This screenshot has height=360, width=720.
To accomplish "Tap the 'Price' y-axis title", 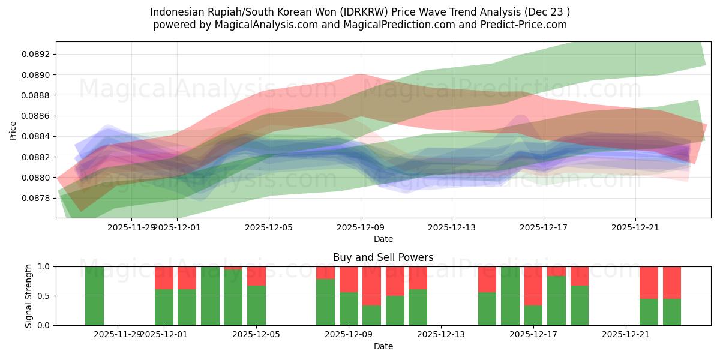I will click(x=13, y=130).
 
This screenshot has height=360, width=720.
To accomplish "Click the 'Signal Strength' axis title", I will click(x=29, y=296).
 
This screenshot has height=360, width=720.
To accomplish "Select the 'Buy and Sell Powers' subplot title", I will click(x=383, y=257).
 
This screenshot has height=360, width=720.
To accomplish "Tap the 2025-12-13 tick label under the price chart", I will click(x=452, y=227).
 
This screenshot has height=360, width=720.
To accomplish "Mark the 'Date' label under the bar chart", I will click(x=383, y=346).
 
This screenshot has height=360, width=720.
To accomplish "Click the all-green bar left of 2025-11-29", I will click(x=94, y=296).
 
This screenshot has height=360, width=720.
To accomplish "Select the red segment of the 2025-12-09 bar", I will click(x=349, y=279).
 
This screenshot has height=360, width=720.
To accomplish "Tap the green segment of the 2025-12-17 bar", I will click(x=533, y=315).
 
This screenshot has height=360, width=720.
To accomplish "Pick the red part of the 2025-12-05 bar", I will click(x=256, y=275).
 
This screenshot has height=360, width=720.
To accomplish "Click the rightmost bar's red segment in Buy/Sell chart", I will click(x=671, y=282).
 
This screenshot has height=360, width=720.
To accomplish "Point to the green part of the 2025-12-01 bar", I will click(x=164, y=307).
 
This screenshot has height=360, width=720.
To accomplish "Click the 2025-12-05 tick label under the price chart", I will click(x=269, y=227).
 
